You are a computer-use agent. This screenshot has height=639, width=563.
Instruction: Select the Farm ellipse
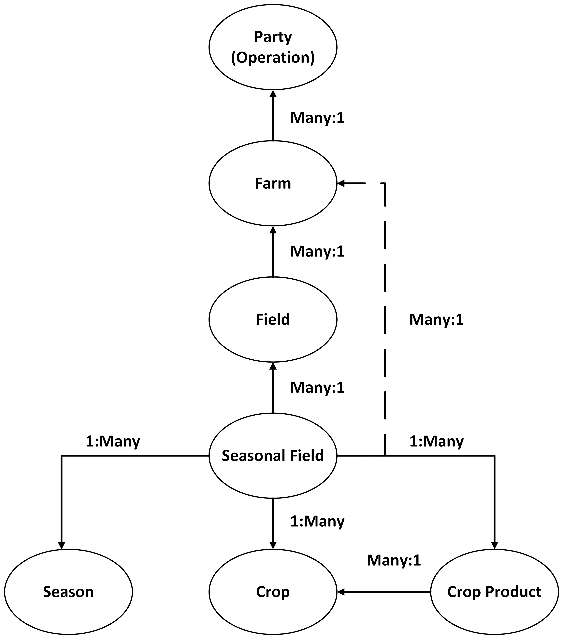click(x=273, y=183)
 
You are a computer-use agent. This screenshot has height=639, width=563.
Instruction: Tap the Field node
click(x=273, y=319)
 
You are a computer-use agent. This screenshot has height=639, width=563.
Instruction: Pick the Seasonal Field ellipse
click(x=273, y=456)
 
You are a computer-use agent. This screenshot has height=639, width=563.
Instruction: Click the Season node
click(x=68, y=592)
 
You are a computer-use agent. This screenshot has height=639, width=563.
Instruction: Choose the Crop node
click(x=273, y=592)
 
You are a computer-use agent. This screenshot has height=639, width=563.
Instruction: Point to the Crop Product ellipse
click(x=494, y=592)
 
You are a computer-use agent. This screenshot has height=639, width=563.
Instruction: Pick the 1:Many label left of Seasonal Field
click(x=113, y=441)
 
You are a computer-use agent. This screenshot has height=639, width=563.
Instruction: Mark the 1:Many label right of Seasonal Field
click(x=436, y=441)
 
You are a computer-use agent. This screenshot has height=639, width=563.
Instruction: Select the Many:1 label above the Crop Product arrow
click(x=394, y=560)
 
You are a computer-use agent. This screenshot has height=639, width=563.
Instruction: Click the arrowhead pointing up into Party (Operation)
click(x=273, y=94)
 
